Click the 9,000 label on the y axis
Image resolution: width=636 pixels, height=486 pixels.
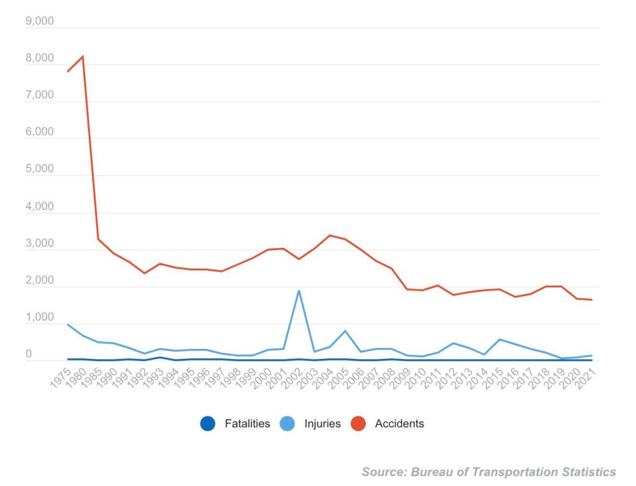[x=40, y=22]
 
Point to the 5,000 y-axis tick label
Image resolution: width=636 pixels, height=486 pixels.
[x=40, y=169]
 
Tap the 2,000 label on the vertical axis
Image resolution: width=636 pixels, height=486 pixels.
[x=40, y=281]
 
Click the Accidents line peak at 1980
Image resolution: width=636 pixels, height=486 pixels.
[x=83, y=57]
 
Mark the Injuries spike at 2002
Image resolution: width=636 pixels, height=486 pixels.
[x=299, y=290]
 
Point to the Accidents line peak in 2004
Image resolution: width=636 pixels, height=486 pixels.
[x=329, y=235]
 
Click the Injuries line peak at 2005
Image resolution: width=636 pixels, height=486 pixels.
[x=345, y=331]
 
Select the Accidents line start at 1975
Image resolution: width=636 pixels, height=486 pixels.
[x=68, y=71]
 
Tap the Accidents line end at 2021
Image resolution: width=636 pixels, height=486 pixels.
[x=591, y=300]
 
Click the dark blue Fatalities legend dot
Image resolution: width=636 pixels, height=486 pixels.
[x=207, y=425]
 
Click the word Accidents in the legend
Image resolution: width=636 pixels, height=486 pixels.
[x=399, y=424]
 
